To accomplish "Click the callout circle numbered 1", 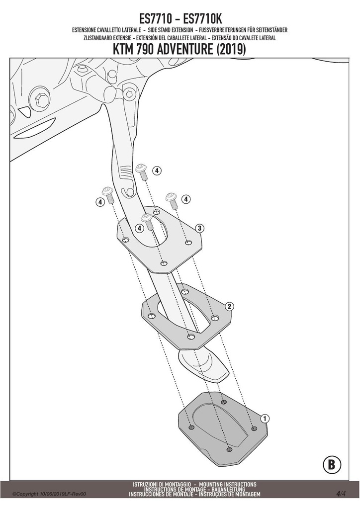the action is click(265, 419).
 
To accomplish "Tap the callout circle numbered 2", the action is click(230, 306).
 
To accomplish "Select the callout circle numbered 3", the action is click(199, 228).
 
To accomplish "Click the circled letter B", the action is click(332, 465).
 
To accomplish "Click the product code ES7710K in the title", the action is click(202, 19).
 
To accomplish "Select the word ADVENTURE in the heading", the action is click(184, 49).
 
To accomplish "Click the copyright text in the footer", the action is click(49, 494).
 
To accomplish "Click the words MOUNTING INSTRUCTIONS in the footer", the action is click(228, 484).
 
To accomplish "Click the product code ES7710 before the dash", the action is click(155, 19).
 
